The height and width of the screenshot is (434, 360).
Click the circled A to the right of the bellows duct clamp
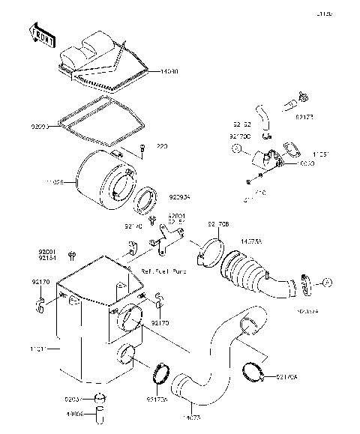pos(327,282)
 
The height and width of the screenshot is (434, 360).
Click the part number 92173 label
pos(305,118)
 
